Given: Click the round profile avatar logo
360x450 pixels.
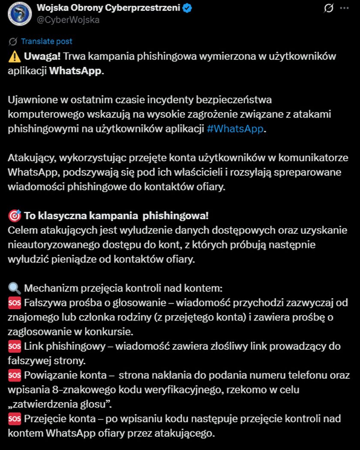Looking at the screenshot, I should pos(20,13).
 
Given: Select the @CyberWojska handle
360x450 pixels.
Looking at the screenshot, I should pos(68,20).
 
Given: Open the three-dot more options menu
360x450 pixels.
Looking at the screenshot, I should pos(344,8).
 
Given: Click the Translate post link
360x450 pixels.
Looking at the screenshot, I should pos(46,42).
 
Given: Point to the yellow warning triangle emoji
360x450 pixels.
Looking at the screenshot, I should pos(14,57).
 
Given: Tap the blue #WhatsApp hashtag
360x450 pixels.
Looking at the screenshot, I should pos(235,128).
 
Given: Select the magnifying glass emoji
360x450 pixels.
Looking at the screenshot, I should pos(14,288).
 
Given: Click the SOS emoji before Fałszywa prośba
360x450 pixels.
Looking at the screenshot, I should pos(14,303).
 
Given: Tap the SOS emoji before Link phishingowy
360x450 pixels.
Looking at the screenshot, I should pos(14,346).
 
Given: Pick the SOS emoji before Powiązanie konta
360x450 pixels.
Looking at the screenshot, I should pos(14,375).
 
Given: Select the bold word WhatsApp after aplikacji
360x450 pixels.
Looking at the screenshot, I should pos(76,71).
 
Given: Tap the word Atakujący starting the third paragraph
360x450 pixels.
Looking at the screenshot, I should pos(32,157).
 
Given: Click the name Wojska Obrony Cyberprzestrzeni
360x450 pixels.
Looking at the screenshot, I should pos(108,8).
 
